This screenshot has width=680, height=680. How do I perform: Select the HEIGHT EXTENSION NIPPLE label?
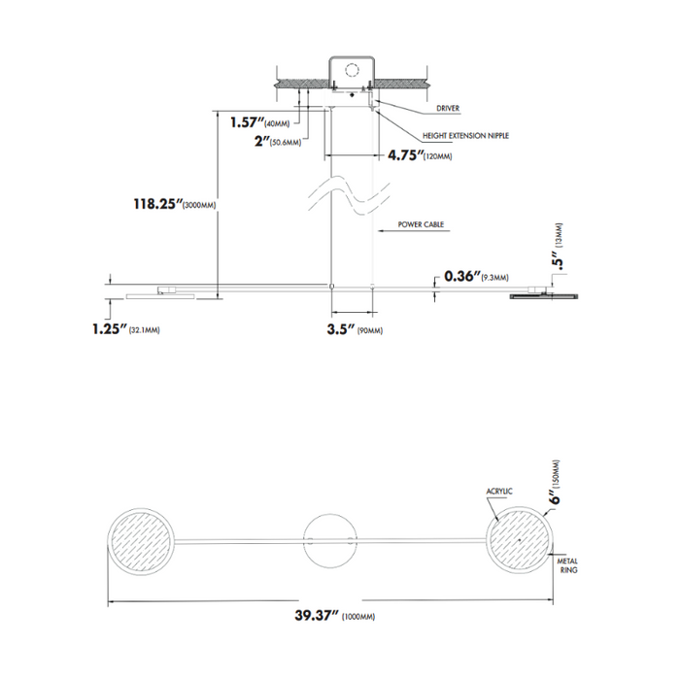[x=465, y=136]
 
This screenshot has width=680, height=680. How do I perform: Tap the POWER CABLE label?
[x=422, y=224]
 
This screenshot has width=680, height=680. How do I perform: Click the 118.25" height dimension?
[x=173, y=204]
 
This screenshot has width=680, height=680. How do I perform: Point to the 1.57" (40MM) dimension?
[x=260, y=122]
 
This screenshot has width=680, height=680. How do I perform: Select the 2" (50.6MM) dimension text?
[x=275, y=142]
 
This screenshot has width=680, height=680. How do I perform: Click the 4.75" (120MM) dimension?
[x=420, y=155]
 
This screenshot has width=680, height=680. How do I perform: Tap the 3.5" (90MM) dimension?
[x=356, y=330]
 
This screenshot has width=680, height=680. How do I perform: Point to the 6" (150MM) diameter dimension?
[x=555, y=483]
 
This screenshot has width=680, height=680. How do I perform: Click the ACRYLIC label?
[x=498, y=492]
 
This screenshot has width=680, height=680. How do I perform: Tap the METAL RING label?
[x=568, y=567]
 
